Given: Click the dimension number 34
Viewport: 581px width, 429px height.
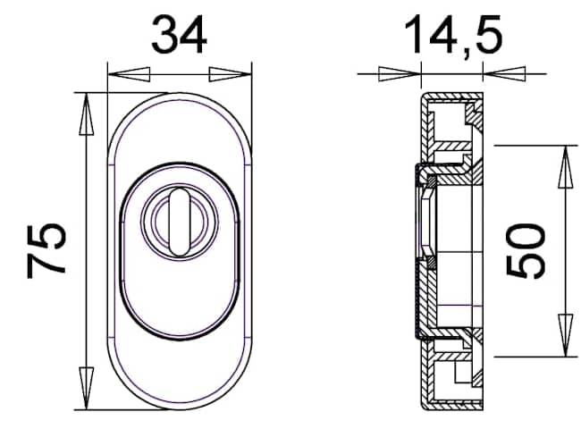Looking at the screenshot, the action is coord(179,35).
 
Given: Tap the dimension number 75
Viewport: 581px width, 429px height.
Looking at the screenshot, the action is coord(46,250).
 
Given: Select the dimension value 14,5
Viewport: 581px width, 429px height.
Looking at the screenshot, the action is coord(453,36).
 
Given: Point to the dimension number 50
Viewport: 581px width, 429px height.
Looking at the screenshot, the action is coord(526,250).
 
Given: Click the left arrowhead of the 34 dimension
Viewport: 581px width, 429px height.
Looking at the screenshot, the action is coord(129,74).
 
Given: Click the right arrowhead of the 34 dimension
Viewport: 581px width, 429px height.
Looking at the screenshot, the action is coord(231,74).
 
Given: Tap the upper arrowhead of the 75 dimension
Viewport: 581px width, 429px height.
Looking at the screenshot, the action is coord(87,114).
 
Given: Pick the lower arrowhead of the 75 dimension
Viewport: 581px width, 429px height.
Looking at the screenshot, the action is coord(87,388).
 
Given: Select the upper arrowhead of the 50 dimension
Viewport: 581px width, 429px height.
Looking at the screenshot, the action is coord(566,167).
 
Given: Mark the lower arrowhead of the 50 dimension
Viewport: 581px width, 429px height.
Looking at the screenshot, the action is coord(566,335).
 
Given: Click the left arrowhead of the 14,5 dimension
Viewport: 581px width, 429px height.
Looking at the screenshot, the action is coord(400,73).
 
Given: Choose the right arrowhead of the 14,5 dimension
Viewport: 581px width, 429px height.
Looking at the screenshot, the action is coord(504,73).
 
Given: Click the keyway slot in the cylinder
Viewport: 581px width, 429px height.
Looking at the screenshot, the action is coord(180,222).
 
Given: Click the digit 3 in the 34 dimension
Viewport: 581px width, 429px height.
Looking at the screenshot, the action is coord(164,35).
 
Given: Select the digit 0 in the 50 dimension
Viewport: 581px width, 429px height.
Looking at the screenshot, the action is coord(526,236).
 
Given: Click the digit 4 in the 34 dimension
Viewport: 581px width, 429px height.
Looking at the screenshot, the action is coord(193,35).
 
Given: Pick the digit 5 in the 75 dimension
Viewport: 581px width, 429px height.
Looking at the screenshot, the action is coord(47,236).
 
